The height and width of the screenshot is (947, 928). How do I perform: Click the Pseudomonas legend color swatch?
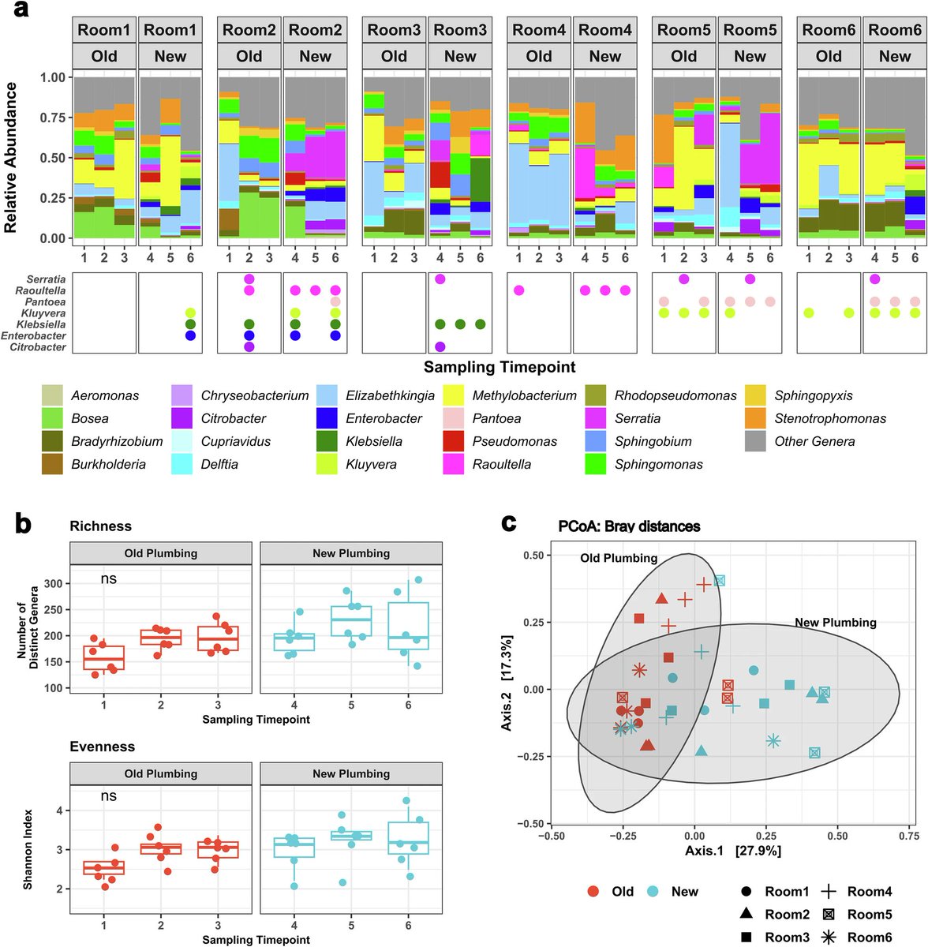click(x=453, y=441)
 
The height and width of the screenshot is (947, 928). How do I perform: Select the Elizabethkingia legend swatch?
click(x=327, y=395)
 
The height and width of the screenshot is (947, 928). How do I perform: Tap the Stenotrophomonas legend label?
click(x=830, y=418)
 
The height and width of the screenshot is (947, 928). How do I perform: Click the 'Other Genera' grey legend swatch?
click(x=755, y=441)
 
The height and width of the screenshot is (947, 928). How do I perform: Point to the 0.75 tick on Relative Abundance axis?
click(x=53, y=118)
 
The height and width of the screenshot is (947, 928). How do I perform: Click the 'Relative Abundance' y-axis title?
click(x=10, y=157)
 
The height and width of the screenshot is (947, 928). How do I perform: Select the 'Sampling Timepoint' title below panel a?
click(x=500, y=367)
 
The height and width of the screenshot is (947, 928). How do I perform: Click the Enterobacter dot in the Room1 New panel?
click(x=190, y=335)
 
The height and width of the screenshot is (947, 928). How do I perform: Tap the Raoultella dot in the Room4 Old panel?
click(x=518, y=290)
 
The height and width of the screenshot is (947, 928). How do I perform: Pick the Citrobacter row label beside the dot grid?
click(x=38, y=347)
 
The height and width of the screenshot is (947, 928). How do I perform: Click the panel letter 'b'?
click(x=23, y=523)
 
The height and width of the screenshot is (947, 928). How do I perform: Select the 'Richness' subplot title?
click(x=101, y=526)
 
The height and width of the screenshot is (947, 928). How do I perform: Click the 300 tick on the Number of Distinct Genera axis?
click(x=54, y=583)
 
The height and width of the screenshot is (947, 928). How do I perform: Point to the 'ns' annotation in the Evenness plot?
click(x=109, y=795)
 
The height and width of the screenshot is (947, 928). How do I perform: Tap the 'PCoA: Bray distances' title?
click(x=629, y=526)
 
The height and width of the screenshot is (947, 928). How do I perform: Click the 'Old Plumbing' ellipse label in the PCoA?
click(x=619, y=558)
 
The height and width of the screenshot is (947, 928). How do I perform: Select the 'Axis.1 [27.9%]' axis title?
click(x=733, y=850)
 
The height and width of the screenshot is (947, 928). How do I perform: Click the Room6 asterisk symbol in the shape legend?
click(x=829, y=937)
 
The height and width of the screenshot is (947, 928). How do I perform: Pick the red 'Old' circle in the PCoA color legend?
click(x=593, y=891)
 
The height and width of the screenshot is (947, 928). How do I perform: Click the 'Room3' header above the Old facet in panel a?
click(x=394, y=30)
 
